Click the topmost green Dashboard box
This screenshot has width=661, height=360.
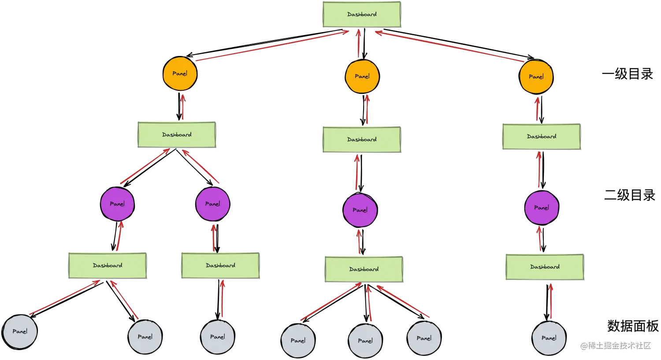tap(362, 14)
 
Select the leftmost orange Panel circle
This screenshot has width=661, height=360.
tap(179, 74)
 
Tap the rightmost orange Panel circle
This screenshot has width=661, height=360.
tap(536, 77)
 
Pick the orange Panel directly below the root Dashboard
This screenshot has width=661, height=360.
tap(362, 76)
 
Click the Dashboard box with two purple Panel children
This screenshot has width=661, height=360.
tap(177, 134)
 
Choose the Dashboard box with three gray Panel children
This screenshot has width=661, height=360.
tap(364, 269)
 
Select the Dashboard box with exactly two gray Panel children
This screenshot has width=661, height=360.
tap(108, 265)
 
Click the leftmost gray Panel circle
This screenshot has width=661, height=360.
tap(20, 331)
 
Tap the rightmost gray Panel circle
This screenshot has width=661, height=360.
tap(549, 338)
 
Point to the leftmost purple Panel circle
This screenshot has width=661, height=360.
tap(117, 204)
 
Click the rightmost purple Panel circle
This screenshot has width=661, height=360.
tap(542, 208)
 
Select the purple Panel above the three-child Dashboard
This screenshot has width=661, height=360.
tap(360, 210)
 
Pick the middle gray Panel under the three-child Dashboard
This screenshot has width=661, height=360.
tap(365, 341)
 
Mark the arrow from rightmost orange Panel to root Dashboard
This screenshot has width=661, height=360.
tap(449, 46)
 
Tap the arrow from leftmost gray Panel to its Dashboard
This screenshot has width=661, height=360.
tap(64, 298)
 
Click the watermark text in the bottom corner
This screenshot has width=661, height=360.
tap(615, 345)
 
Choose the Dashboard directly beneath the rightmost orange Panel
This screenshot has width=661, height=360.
tap(541, 137)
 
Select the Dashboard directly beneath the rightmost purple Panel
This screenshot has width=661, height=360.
tap(545, 267)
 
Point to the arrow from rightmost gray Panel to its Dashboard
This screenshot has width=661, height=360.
tap(551, 302)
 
